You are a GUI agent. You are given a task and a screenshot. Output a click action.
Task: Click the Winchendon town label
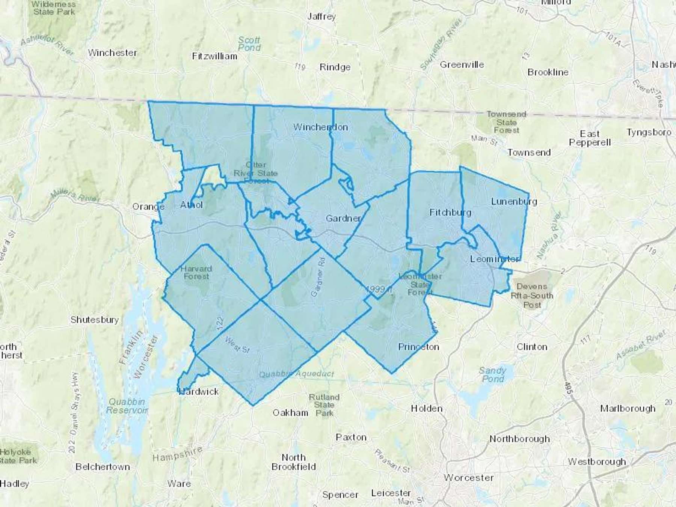[x=320, y=127]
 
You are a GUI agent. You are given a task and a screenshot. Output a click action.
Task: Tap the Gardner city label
[x=343, y=218]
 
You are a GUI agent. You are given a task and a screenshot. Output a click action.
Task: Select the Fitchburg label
[x=450, y=213]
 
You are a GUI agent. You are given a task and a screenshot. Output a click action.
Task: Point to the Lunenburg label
[x=514, y=202]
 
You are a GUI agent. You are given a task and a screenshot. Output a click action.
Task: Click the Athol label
[x=192, y=205]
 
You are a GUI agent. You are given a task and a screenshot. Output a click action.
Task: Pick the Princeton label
[x=418, y=347]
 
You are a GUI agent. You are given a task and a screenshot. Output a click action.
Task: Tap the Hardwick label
[x=199, y=392]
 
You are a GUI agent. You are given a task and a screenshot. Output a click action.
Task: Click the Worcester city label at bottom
[x=469, y=478]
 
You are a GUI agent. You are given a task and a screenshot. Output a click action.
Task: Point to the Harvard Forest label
[x=196, y=273]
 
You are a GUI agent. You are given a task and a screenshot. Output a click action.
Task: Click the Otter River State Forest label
[x=256, y=173]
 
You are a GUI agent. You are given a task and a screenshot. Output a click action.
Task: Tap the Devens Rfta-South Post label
[x=532, y=296]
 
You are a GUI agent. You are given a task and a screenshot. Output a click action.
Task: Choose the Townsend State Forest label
[x=506, y=122]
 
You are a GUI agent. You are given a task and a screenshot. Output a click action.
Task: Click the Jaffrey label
[x=321, y=17]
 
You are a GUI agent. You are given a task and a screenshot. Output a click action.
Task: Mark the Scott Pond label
[x=249, y=44]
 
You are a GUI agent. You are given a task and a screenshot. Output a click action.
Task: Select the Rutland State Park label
[x=324, y=405]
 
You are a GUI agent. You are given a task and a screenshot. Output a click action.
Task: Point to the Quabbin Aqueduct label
[x=296, y=374]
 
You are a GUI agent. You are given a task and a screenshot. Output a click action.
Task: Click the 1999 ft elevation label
[x=379, y=289]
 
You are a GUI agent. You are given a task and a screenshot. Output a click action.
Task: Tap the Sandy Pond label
[x=492, y=375]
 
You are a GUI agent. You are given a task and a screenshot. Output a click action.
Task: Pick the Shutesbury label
[x=95, y=320]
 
